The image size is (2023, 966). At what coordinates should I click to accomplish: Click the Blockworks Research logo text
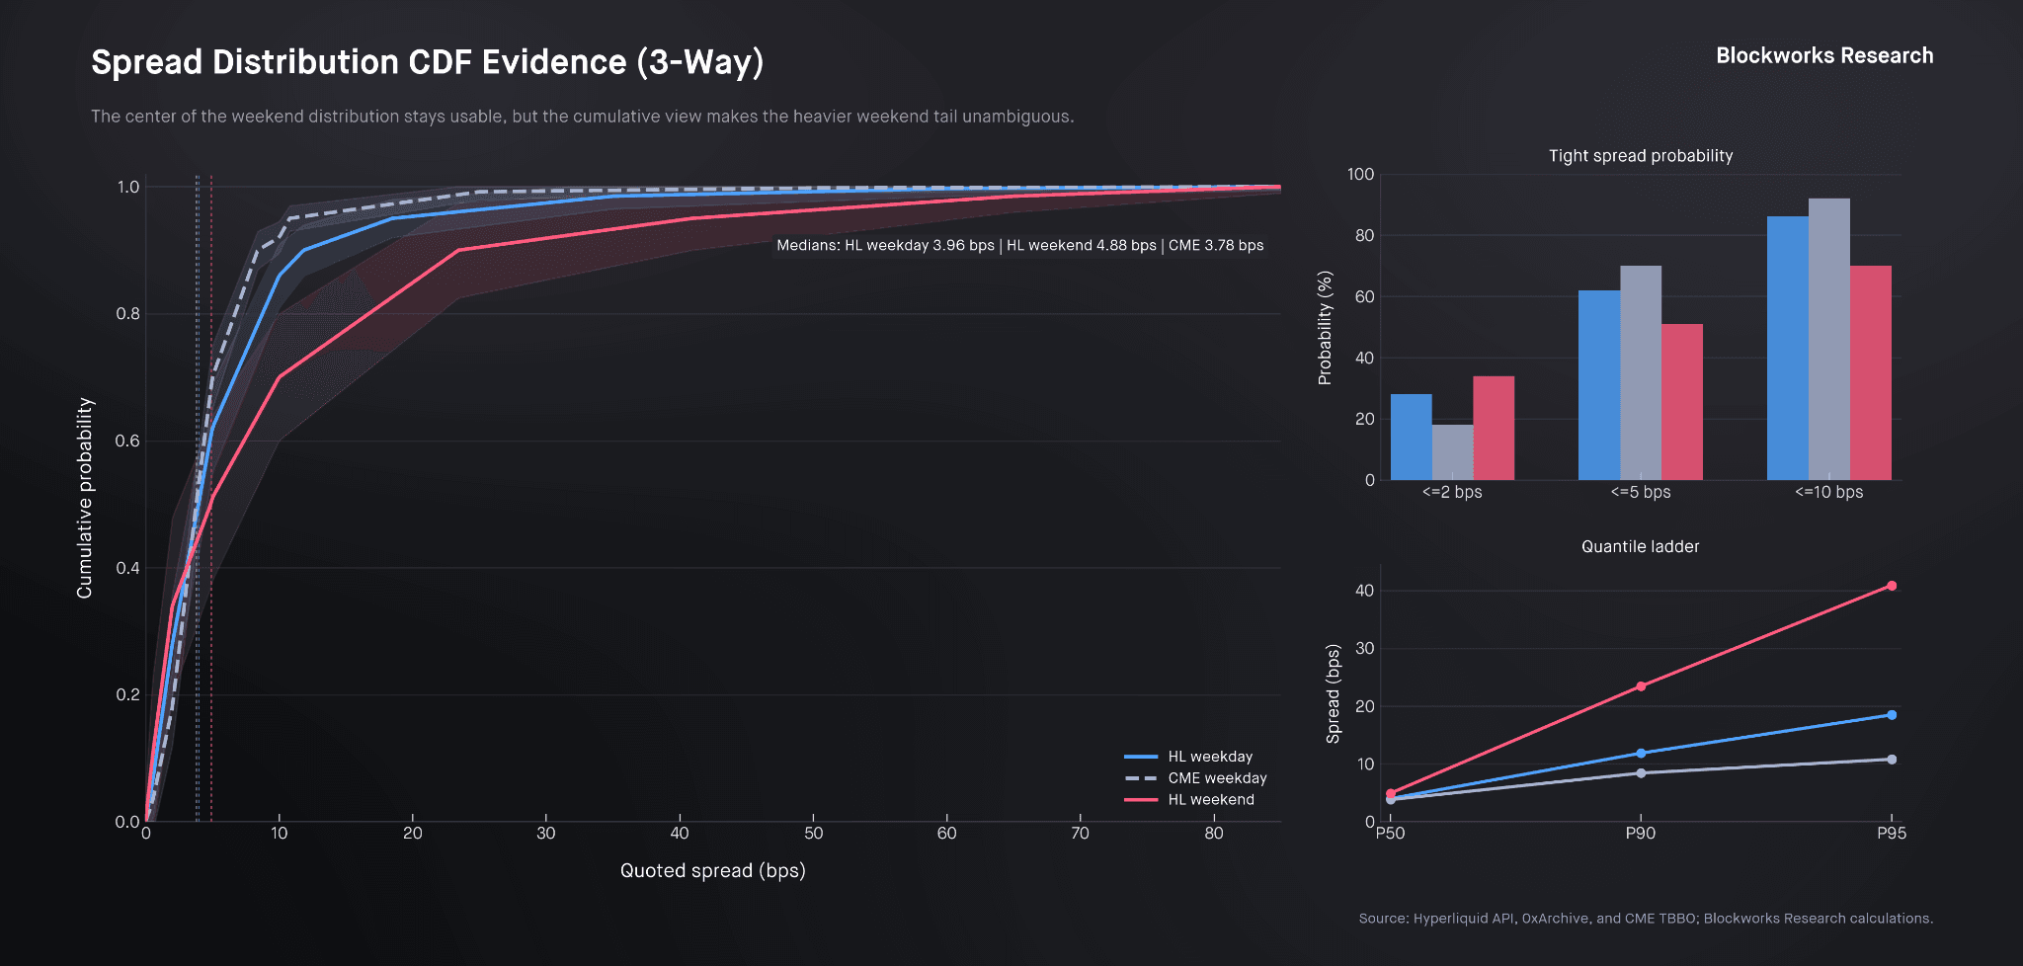pyautogui.click(x=1823, y=56)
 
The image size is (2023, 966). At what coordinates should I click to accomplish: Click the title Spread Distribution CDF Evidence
pyautogui.click(x=427, y=62)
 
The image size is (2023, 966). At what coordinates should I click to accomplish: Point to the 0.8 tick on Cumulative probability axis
pyautogui.click(x=127, y=314)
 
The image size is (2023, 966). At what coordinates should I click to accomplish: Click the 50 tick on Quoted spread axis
pyautogui.click(x=813, y=834)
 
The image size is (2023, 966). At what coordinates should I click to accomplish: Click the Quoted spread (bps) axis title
pyautogui.click(x=712, y=871)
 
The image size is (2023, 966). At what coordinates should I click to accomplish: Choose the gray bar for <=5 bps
pyautogui.click(x=1640, y=372)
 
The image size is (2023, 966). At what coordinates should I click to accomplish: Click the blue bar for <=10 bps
pyautogui.click(x=1787, y=348)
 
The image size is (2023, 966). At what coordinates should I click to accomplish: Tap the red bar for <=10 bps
pyautogui.click(x=1870, y=372)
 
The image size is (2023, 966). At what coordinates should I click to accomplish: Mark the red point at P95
pyautogui.click(x=1892, y=586)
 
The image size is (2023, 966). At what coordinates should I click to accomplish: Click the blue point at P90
pyautogui.click(x=1641, y=754)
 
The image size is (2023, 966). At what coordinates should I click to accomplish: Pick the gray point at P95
pyautogui.click(x=1892, y=760)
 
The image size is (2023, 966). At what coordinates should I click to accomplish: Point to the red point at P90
pyautogui.click(x=1641, y=686)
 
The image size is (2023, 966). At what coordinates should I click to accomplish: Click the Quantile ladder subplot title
pyautogui.click(x=1640, y=547)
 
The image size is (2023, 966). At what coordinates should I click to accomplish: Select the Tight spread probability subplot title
pyautogui.click(x=1640, y=156)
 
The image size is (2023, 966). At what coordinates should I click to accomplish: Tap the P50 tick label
pyautogui.click(x=1390, y=834)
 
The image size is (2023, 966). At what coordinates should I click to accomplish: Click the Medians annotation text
pyautogui.click(x=1019, y=246)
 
